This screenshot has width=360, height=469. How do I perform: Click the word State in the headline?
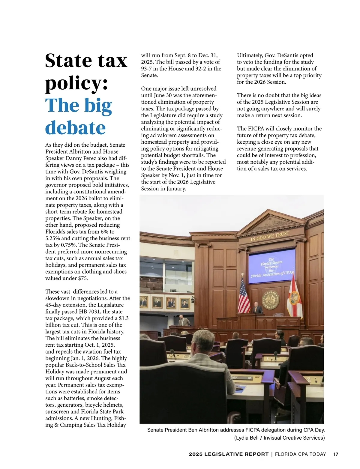tap(68, 61)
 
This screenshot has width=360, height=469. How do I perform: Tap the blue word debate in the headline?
tap(75, 128)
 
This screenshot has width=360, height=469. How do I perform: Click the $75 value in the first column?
tap(83, 278)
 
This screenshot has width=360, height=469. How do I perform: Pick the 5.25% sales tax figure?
tap(52, 238)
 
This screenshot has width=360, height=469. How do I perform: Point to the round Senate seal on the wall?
tap(271, 299)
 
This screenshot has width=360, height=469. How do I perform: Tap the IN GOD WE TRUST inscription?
tap(270, 236)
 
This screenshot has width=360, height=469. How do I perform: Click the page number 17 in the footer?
tap(336, 454)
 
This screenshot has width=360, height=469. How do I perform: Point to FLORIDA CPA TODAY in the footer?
tap(300, 454)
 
